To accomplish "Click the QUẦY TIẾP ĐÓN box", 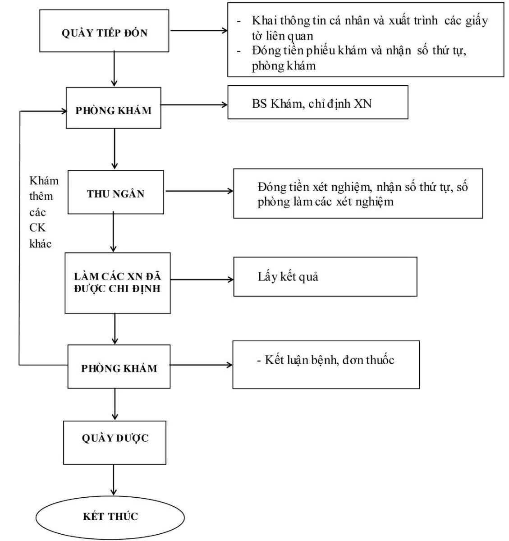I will [x=104, y=33].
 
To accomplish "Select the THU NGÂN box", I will [x=116, y=194].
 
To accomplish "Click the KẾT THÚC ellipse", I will [x=110, y=516].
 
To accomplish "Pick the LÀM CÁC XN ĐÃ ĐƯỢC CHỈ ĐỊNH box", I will [x=117, y=283].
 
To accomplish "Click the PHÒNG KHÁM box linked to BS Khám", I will [x=113, y=110].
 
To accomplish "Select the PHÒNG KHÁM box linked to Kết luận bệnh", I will [x=119, y=368].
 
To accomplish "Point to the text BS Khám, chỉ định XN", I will [x=312, y=103].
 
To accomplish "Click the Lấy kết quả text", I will [x=288, y=277].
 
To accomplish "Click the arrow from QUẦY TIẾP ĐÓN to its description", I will [x=198, y=31].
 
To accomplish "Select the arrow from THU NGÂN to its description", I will [x=198, y=191].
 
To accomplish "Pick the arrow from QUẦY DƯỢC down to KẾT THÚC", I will [x=114, y=481].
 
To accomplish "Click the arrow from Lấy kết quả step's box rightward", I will [x=202, y=280].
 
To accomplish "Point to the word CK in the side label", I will [x=37, y=228].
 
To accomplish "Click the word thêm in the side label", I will [x=41, y=196].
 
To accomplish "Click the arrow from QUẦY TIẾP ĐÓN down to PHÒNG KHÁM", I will [x=115, y=69].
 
